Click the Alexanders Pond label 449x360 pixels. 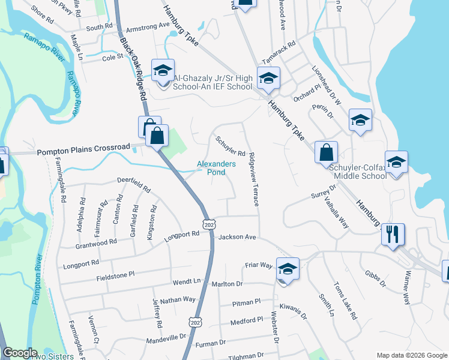211,168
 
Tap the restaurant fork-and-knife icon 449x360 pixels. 393,234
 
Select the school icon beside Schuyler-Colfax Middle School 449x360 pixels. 397,161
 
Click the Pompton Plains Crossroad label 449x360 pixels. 83,147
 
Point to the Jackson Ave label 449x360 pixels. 237,237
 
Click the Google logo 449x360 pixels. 20,353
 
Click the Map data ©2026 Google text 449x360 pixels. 411,355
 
